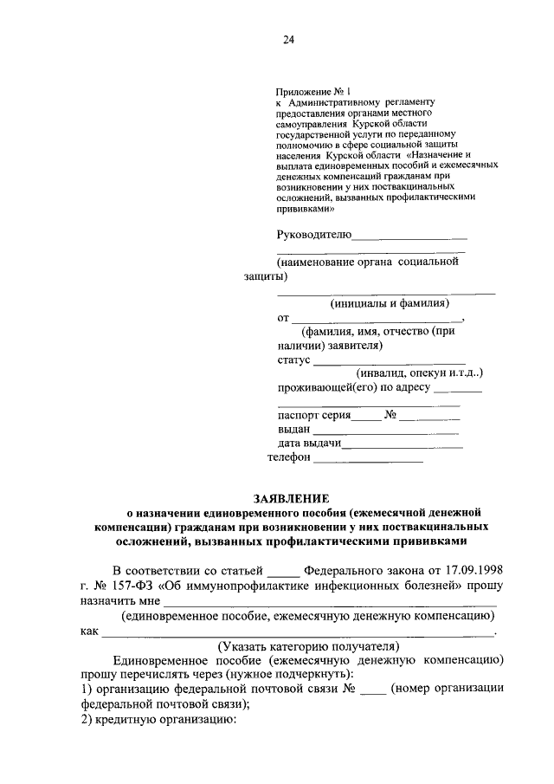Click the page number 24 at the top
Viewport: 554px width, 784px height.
coord(289,38)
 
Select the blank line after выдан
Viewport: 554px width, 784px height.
coord(386,431)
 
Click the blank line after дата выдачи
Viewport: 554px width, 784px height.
coord(403,446)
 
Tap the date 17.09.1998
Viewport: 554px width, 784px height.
coord(473,569)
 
